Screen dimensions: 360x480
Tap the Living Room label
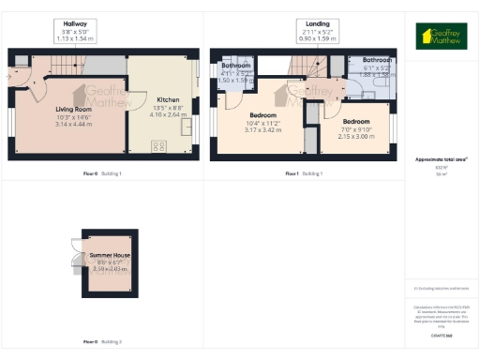pos(70,109)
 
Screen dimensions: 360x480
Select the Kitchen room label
pos(168,98)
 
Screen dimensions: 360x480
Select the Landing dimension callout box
pos(311,32)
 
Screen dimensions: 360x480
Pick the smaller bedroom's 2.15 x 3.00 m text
pos(356,135)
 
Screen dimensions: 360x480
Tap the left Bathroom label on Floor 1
pos(235,66)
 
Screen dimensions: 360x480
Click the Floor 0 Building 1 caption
pos(102,174)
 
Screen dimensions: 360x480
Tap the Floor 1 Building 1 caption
pos(304,174)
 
